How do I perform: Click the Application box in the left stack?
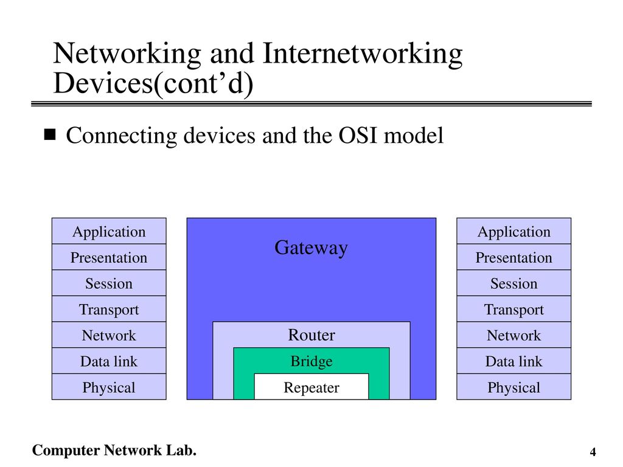coord(109,231)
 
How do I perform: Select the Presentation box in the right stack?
coord(513,257)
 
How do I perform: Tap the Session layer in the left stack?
coord(109,283)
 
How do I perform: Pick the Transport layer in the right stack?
coord(513,309)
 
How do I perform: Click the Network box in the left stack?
coord(109,335)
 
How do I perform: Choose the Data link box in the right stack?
coord(513,361)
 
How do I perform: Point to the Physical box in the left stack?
coord(109,387)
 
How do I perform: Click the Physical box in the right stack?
coord(513,387)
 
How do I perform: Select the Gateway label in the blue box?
coord(311,248)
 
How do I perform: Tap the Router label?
coord(311,335)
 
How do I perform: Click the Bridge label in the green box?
coord(311,361)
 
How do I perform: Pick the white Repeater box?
coord(311,387)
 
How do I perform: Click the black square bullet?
coord(50,134)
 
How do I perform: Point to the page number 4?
coord(593,452)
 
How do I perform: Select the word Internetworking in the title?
coord(363,54)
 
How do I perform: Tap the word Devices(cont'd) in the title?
coord(153,83)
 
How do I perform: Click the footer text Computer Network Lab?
coord(114,451)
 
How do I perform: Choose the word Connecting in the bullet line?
coord(122,136)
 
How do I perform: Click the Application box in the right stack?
coord(513,231)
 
